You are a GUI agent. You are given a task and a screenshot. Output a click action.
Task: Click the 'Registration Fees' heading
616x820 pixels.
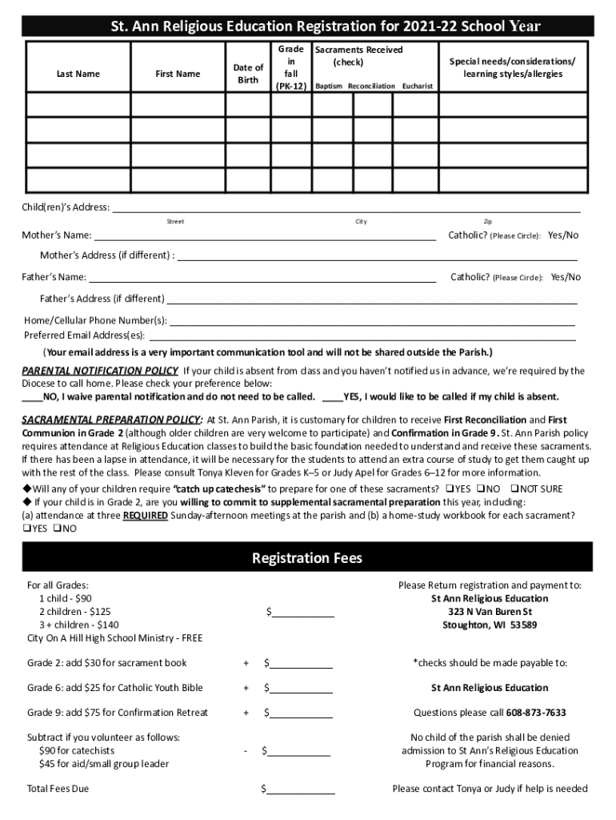click(x=307, y=557)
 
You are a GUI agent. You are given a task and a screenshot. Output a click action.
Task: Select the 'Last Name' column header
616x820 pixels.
click(x=78, y=74)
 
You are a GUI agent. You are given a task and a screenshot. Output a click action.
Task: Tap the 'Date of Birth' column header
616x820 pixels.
click(x=248, y=74)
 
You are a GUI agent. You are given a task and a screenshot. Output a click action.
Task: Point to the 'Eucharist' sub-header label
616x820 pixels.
click(x=418, y=86)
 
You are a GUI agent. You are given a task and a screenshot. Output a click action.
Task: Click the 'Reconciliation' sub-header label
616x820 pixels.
click(x=366, y=86)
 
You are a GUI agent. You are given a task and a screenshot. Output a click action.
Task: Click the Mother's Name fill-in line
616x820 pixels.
click(x=265, y=236)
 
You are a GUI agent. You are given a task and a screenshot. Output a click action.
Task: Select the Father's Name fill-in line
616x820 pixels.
click(x=262, y=278)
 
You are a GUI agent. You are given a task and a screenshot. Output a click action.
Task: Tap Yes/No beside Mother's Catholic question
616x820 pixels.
click(x=562, y=235)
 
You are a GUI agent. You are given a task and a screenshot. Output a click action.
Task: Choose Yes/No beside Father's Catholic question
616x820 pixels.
click(x=566, y=277)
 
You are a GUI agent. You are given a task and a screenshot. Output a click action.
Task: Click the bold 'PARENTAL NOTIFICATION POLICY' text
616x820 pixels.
click(x=100, y=371)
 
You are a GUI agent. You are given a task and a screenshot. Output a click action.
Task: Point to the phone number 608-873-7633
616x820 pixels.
click(x=535, y=713)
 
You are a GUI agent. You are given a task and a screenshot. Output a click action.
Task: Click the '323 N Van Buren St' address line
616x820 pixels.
click(x=490, y=612)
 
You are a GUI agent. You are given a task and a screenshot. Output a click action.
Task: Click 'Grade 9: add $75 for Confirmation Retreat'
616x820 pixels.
click(x=118, y=713)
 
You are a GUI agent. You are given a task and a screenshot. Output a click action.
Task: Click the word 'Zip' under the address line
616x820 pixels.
click(x=488, y=222)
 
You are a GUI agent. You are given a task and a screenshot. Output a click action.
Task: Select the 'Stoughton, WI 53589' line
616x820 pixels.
click(x=490, y=625)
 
